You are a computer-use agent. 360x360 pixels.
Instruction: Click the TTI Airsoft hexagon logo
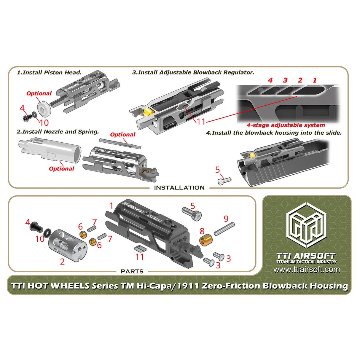[x=307, y=226]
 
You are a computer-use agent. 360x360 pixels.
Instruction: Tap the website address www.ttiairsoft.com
[x=307, y=270]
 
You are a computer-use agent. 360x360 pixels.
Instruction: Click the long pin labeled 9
[x=224, y=229]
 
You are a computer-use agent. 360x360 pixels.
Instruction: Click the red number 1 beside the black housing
[x=111, y=206]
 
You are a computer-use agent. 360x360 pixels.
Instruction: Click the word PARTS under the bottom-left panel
[x=132, y=271]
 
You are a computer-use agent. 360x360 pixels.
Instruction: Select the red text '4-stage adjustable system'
[x=286, y=125]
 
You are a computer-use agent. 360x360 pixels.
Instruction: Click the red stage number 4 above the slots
[x=270, y=80]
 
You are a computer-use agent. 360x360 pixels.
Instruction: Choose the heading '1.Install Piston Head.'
[x=49, y=72]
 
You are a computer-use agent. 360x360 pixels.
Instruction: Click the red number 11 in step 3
[x=201, y=122]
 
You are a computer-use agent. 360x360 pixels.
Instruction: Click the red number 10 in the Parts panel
[x=40, y=239]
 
